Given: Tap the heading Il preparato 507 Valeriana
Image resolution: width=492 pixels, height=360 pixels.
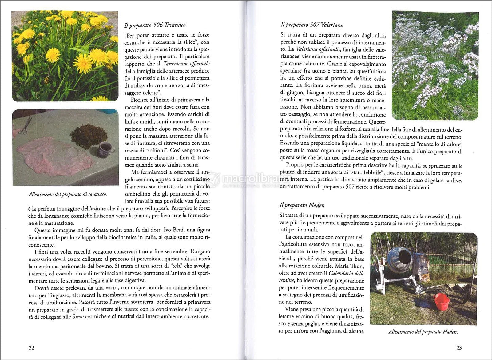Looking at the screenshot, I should [312, 25].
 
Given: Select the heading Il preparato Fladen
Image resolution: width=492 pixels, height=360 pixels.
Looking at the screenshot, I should [302, 205].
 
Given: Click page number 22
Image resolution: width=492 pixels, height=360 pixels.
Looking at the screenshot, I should [31, 348].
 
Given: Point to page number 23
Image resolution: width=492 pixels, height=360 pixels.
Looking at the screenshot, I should [459, 348].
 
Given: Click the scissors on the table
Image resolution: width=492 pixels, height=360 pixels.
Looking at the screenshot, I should [22, 126].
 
